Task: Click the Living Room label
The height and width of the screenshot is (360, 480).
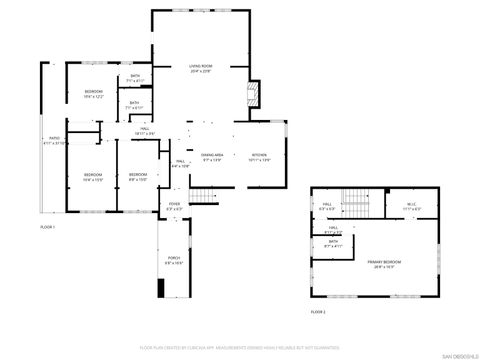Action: click(x=201, y=69)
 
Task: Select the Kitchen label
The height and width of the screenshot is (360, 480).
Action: click(x=260, y=158)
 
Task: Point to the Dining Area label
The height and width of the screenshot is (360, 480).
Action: click(x=212, y=158)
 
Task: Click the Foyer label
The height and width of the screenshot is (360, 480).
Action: click(x=174, y=206)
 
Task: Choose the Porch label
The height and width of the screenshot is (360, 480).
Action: click(x=174, y=262)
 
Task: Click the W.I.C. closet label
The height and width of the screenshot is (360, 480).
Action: click(x=412, y=207)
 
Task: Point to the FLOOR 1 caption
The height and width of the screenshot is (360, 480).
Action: click(x=47, y=228)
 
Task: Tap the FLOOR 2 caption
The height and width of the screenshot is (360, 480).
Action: click(x=318, y=313)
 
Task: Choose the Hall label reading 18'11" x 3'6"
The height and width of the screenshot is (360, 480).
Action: click(x=145, y=131)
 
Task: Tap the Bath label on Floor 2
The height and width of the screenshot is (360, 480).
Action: click(x=333, y=243)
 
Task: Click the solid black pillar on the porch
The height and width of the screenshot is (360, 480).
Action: click(x=161, y=288)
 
